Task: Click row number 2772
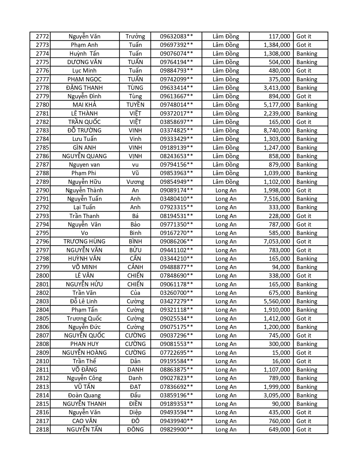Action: pos(42,36)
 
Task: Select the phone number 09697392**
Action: pos(176,45)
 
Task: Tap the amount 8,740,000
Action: pos(277,130)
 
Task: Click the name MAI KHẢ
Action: pos(84,105)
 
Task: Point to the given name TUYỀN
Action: pos(135,105)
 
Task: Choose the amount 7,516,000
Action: pos(277,199)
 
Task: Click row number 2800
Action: pos(42,276)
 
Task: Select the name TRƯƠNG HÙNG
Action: pos(84,241)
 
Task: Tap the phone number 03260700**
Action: pos(176,293)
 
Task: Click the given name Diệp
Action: pos(135,412)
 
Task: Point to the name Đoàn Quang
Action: pos(84,395)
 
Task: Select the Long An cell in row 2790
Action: pos(226,190)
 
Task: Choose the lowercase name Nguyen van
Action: pos(84,165)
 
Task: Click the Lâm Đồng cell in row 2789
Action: pos(226,182)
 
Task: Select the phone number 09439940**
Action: pos(176,421)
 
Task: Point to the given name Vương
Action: pos(135,182)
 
